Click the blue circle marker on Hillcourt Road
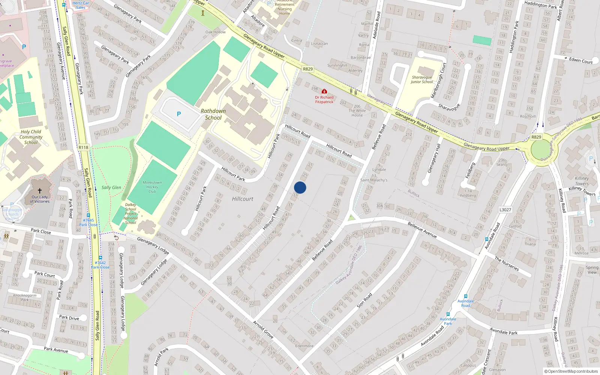pos(300,187)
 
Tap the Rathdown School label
pos(213,114)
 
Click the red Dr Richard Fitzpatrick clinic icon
pos(324,91)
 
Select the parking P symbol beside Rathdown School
pos(179,114)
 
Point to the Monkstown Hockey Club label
pos(152,187)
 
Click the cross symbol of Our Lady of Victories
pos(40,191)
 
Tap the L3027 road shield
pos(505,210)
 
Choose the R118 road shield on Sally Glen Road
pos(83,147)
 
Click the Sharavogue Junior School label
pos(422,79)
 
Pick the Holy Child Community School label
pos(31,137)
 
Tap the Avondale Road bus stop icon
pos(465,296)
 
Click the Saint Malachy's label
pos(374,180)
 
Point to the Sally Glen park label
pos(111,187)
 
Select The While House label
pos(357,111)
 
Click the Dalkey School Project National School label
pos(130,214)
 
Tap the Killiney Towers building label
pos(582,181)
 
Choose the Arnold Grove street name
pos(263,330)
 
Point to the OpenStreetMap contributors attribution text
pos(571,371)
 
